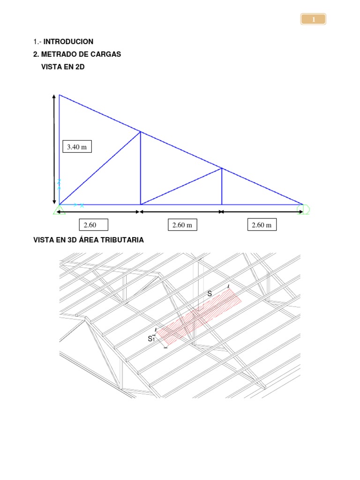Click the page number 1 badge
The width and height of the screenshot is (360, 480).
coord(313,19)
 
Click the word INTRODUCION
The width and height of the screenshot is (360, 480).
coord(68,42)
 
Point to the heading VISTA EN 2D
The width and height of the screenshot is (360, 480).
coord(63,67)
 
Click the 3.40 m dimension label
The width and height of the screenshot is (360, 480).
coord(77,147)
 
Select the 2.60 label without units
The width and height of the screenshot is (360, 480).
coord(90,225)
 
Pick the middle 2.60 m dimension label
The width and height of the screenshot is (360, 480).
coord(182,225)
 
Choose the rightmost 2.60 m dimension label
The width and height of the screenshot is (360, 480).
coord(262,225)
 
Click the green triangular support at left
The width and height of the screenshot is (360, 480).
coord(59,210)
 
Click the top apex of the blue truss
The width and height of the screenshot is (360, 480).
coord(60,95)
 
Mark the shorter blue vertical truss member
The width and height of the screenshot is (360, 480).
coord(222,187)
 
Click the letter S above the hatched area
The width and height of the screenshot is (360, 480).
coord(210,293)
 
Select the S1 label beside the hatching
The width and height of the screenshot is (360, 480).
coord(151,338)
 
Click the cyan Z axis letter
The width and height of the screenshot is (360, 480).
coord(60,182)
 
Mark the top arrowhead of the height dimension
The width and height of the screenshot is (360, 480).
coord(54,96)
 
